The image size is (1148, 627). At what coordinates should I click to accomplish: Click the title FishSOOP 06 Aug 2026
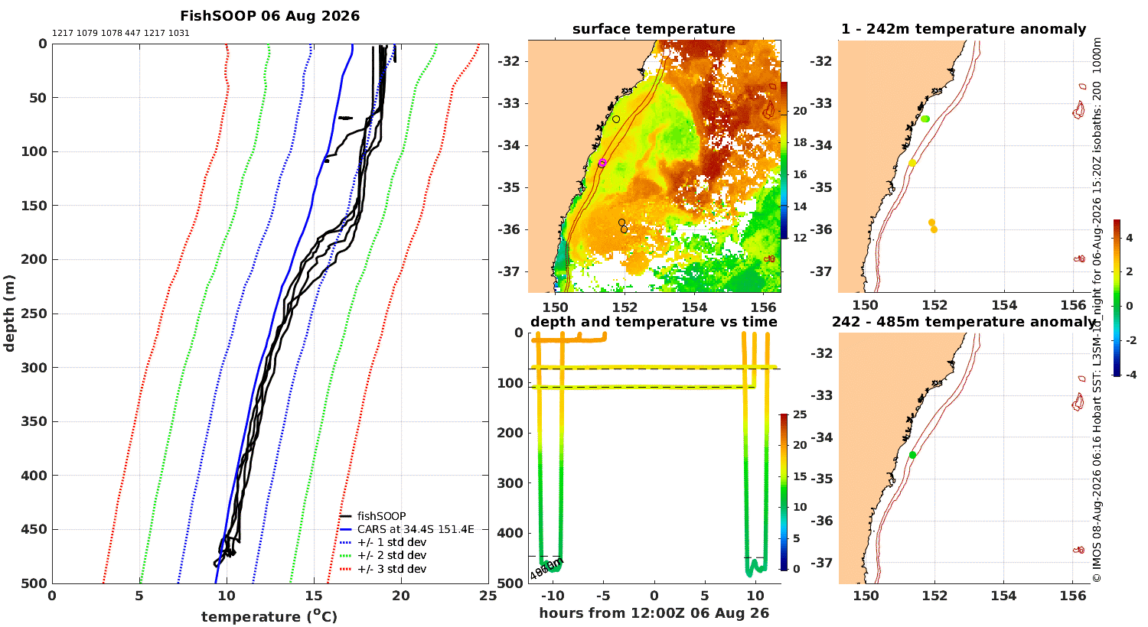pos(269,16)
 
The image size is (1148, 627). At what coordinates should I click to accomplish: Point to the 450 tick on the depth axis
pos(34,529)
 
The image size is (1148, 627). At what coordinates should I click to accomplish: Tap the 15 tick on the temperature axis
pos(314,596)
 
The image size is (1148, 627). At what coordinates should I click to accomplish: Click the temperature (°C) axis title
pos(269,616)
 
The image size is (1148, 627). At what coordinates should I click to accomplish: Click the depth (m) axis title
pos(8,313)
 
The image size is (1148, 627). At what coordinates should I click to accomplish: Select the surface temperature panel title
pos(654,28)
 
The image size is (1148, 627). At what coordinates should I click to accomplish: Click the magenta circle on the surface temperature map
pos(602,164)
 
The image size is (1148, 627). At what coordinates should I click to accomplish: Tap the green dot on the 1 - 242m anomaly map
pos(925,119)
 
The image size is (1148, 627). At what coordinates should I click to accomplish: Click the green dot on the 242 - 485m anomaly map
pos(912,455)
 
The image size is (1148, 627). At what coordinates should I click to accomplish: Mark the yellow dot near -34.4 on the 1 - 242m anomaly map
pos(912,164)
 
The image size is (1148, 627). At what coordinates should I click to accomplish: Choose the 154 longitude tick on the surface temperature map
pos(694,307)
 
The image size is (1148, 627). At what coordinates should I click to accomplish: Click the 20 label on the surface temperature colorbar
pos(800,111)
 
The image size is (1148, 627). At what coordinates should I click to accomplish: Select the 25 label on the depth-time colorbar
pos(800,414)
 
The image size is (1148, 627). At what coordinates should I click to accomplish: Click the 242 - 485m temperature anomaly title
pos(964,321)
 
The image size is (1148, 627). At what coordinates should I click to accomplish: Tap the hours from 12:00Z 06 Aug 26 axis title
pos(654,613)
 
